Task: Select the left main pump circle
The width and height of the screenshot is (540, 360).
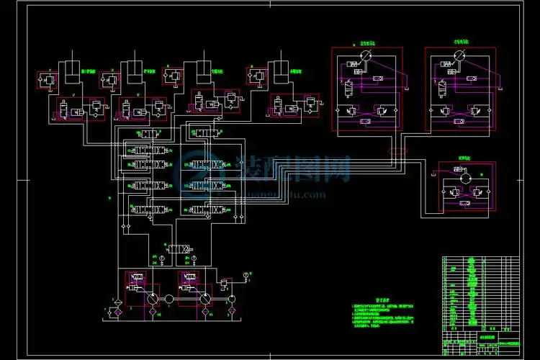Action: pos(153,299)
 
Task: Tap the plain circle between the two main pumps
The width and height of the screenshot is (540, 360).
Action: pos(168,299)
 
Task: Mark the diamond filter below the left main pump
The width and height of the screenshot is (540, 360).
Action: pos(153,314)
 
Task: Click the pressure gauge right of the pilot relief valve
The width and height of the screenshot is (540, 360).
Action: pos(246,274)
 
